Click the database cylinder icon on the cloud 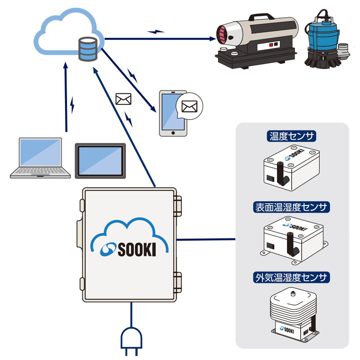(x=88, y=49)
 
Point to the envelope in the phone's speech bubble (x=189, y=106)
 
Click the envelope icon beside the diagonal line (x=123, y=99)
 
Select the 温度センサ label (x=292, y=137)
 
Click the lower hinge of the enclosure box (x=178, y=282)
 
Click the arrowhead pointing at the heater (x=212, y=39)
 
